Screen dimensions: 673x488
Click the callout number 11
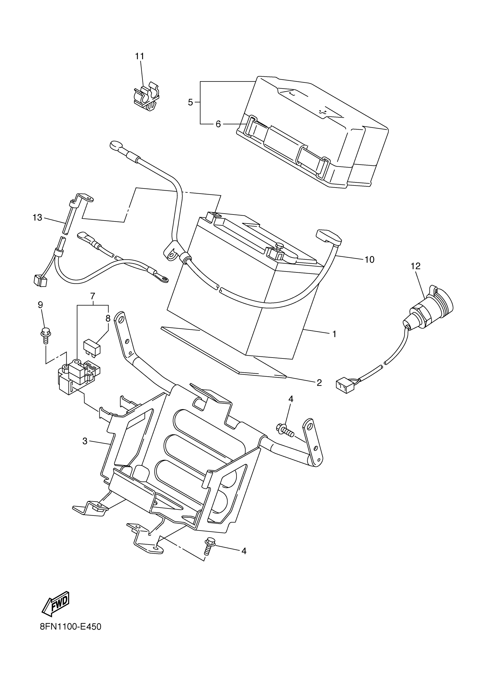(x=140, y=56)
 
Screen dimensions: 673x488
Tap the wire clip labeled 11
(x=146, y=97)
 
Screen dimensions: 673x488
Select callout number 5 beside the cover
(x=190, y=102)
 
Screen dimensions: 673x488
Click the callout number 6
(x=218, y=124)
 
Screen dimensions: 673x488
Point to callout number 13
(x=37, y=218)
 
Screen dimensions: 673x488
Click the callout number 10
(x=369, y=260)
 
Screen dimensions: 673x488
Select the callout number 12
(x=416, y=266)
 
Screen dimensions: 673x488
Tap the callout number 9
(x=40, y=305)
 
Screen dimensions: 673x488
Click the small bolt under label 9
(x=44, y=335)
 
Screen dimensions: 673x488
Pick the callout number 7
(x=92, y=296)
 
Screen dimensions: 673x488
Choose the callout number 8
(x=108, y=318)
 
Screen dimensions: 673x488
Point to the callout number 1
(x=334, y=334)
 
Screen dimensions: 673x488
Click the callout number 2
(x=319, y=383)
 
